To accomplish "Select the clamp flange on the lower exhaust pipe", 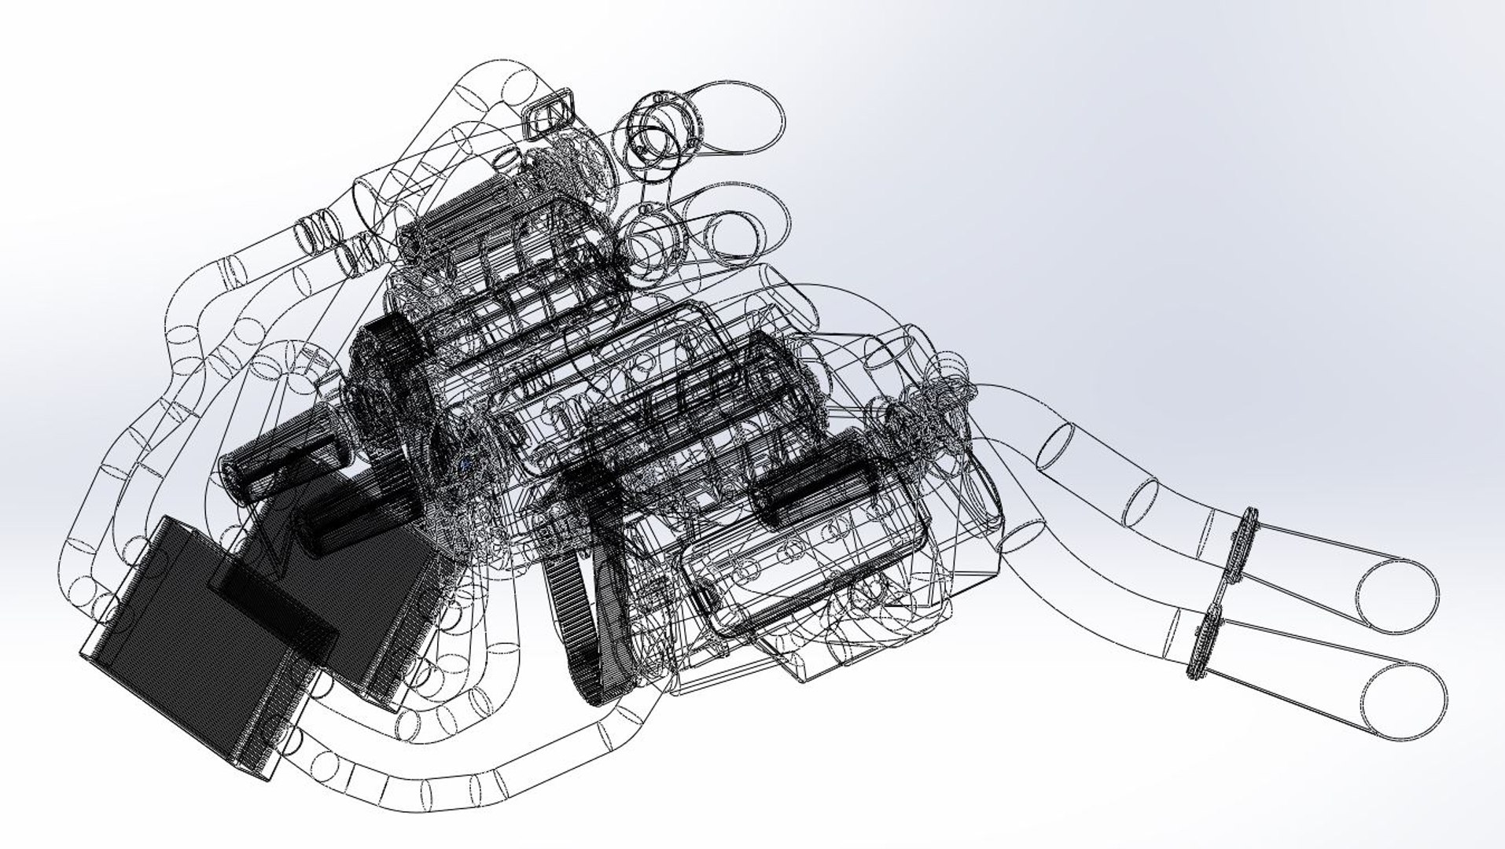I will pyautogui.click(x=1203, y=645).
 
